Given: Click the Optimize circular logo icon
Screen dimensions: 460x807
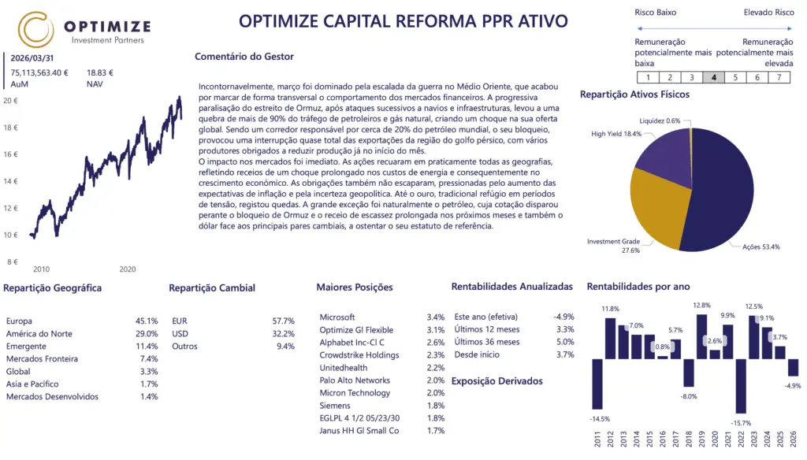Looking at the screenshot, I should tap(35, 29).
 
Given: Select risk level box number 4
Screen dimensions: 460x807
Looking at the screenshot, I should tap(713, 77).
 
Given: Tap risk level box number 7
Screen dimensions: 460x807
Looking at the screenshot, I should tap(779, 77).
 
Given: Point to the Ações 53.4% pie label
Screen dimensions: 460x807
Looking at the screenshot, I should tap(761, 247).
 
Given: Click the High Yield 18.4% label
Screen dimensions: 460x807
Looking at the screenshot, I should tap(616, 134).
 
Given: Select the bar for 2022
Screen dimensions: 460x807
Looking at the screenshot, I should tap(740, 386).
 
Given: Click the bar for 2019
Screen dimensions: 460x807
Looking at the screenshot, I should tap(701, 337).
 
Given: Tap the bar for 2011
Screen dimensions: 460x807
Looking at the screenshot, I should tap(597, 384).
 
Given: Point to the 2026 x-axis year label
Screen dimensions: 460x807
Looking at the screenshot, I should tap(794, 437).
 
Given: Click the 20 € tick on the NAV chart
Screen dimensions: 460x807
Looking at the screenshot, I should tap(10, 101).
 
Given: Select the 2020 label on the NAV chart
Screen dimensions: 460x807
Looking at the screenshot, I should tap(128, 269).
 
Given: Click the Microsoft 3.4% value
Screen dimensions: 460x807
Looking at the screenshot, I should tap(435, 317).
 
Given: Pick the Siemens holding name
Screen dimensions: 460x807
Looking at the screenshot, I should tap(336, 406).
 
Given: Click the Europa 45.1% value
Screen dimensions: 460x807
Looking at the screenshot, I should tap(147, 321).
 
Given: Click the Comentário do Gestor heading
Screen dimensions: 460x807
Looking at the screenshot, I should tap(244, 57).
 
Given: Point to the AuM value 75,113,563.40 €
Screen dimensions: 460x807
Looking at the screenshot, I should tap(39, 72).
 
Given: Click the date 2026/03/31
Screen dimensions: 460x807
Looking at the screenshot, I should tap(32, 57).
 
